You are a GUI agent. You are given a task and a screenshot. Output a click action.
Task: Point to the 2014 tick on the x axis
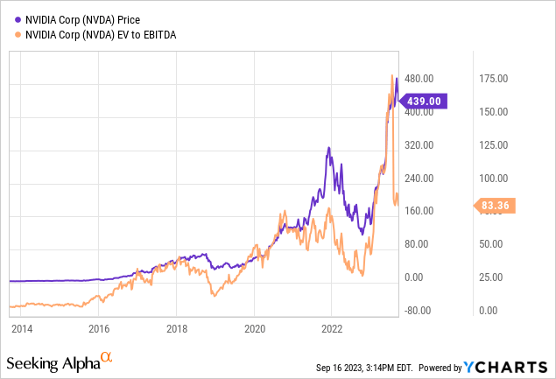point(21,329)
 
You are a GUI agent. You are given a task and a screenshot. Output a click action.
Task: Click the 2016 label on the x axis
point(99,329)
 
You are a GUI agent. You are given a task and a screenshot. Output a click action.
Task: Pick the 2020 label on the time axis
point(254,329)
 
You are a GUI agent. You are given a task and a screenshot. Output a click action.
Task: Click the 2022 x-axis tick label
point(332,329)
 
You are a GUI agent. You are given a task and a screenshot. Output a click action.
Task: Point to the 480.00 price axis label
point(419,79)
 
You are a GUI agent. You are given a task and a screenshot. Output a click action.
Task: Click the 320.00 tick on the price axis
point(419,144)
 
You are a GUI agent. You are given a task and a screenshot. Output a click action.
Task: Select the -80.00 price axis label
point(419,310)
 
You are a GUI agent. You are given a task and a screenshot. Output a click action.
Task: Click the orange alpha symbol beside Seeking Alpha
point(107,356)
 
